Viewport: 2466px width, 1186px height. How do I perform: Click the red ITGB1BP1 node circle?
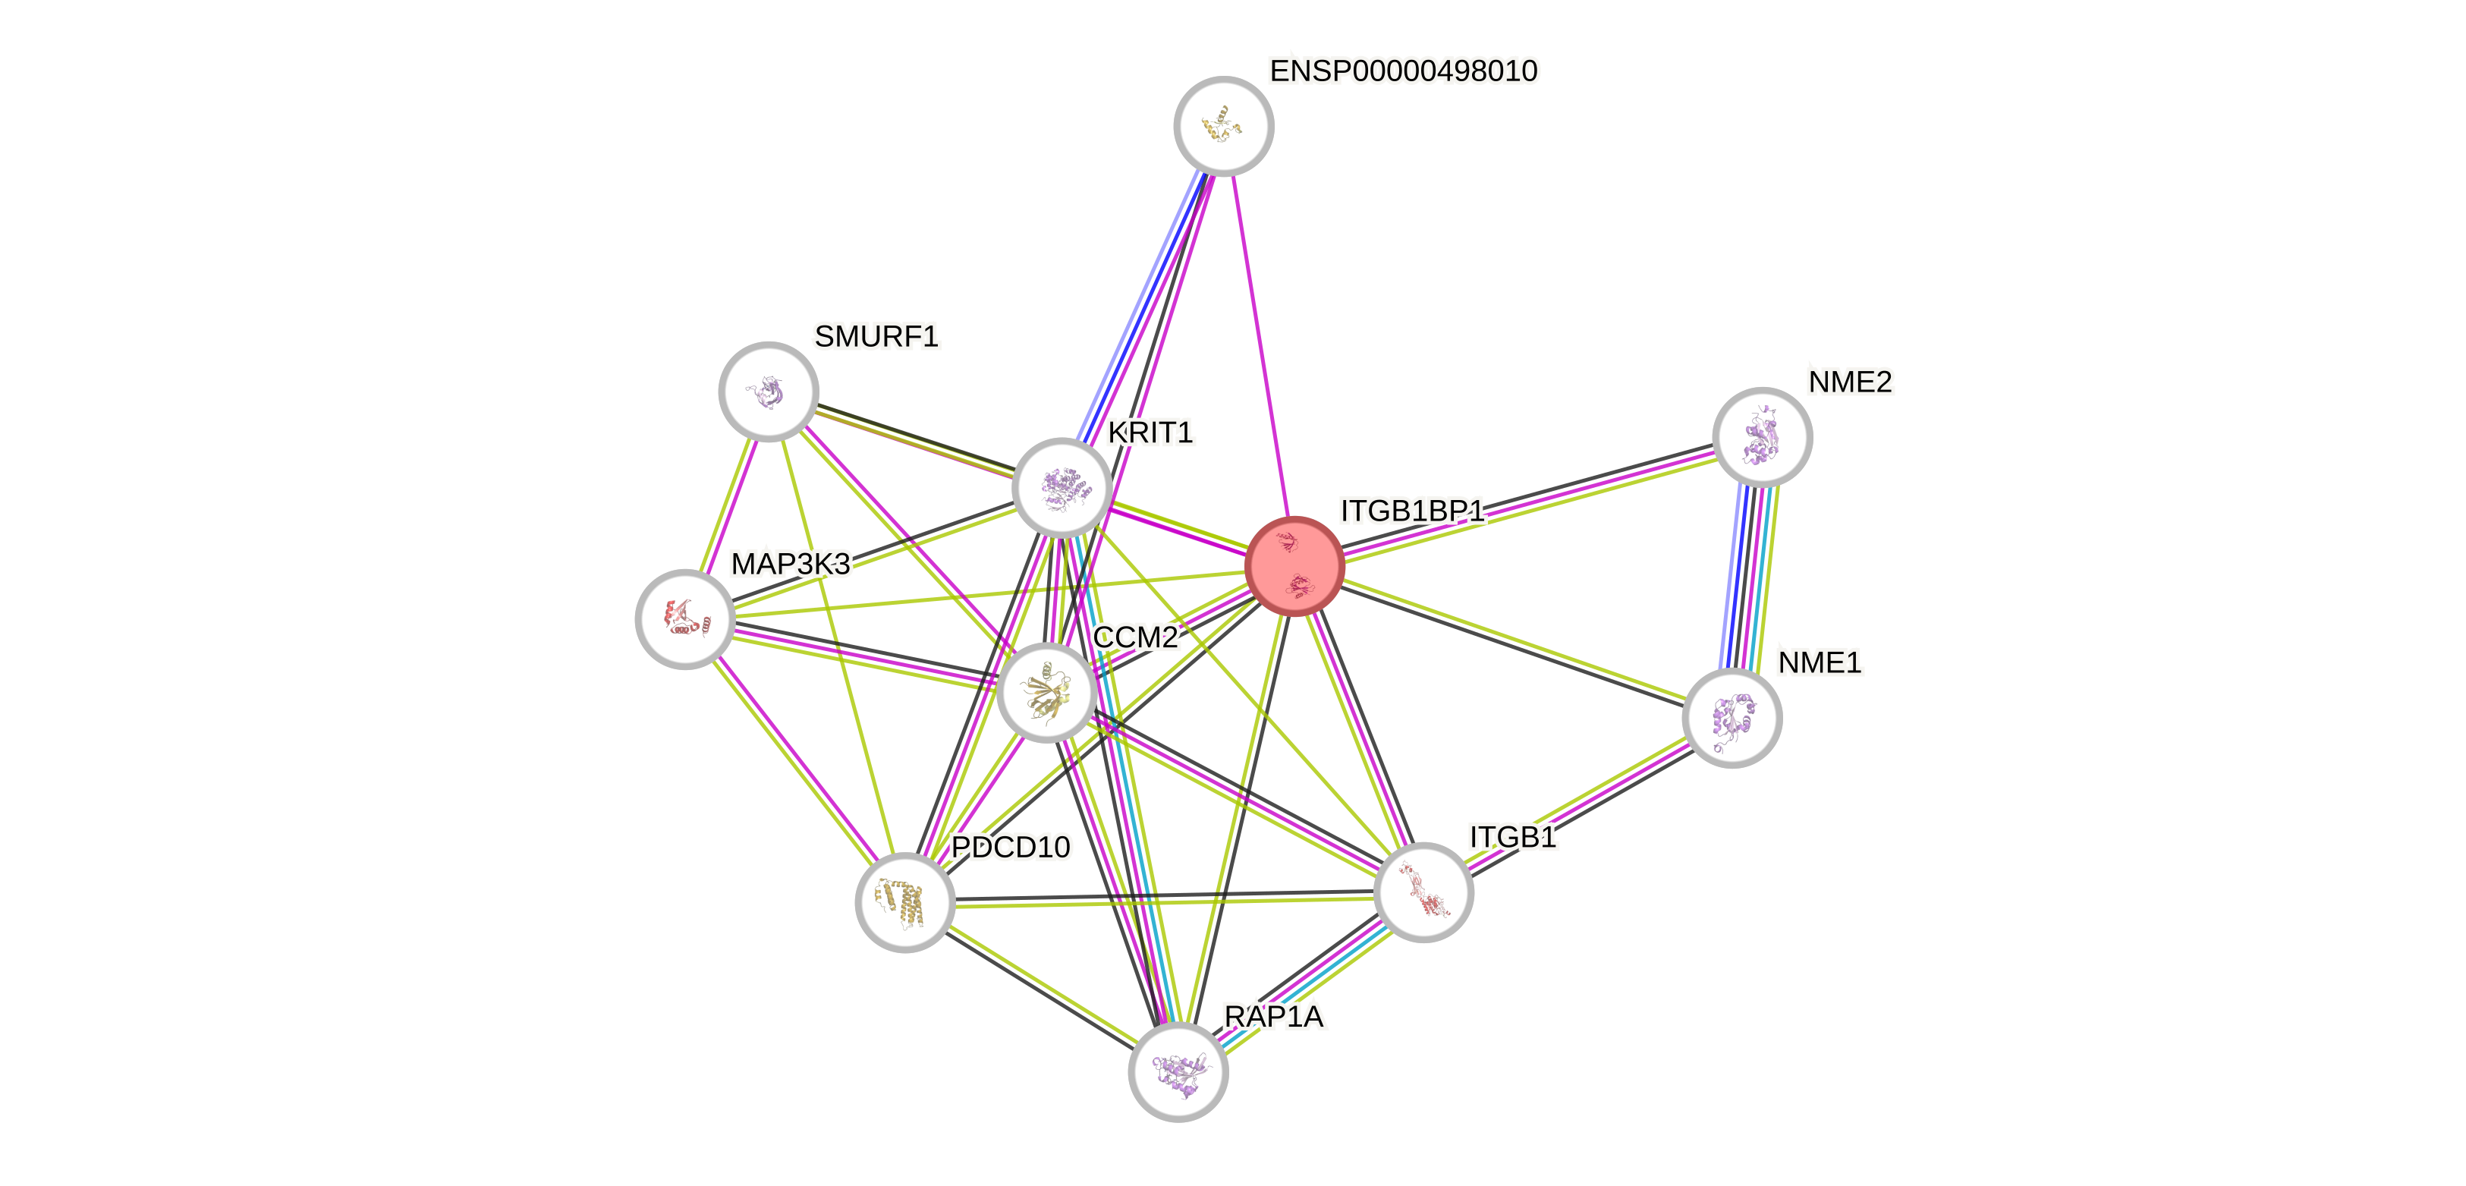pos(1294,566)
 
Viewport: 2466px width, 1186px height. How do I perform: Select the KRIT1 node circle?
pos(1062,487)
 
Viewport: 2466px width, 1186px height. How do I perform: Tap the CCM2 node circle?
pos(1046,692)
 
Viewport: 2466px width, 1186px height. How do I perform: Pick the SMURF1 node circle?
pos(768,391)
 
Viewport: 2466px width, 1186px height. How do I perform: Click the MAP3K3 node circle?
pos(684,618)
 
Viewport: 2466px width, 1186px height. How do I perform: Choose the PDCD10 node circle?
pos(904,901)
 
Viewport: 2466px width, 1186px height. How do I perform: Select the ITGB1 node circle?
pos(1423,892)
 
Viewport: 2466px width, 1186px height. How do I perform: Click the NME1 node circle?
pos(1731,717)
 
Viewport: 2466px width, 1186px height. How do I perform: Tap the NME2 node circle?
pos(1761,436)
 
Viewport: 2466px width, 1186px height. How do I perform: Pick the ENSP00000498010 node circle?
pos(1222,125)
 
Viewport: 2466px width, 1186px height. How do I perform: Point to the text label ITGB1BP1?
pos(1411,511)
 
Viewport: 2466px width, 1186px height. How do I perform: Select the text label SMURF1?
pos(876,336)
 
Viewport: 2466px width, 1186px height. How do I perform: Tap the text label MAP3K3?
pos(790,564)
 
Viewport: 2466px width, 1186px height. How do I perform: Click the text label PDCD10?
pos(1011,847)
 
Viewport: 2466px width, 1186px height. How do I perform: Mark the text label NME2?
pos(1850,382)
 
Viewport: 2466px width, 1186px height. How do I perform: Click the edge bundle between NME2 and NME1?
pos(1749,577)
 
